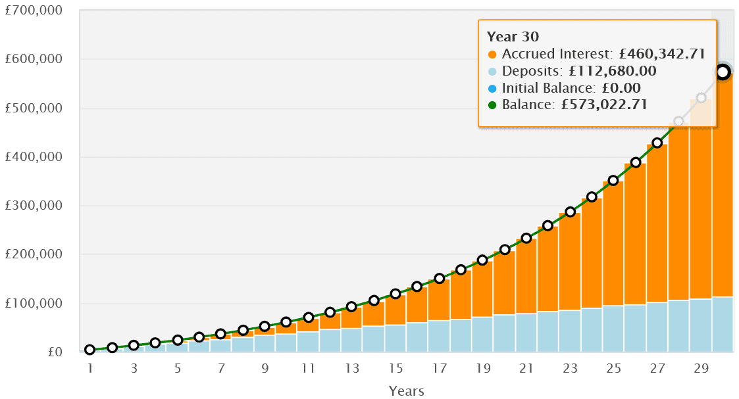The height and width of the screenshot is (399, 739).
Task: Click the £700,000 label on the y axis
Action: (x=35, y=11)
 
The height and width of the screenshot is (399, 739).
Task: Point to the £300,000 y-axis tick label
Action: (x=35, y=206)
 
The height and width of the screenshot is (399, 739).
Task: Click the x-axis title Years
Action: (x=406, y=390)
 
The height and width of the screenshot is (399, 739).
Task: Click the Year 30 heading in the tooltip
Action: (x=513, y=37)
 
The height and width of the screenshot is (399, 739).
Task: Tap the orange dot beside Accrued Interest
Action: (x=492, y=55)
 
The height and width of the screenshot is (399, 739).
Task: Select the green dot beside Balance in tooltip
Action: (x=492, y=105)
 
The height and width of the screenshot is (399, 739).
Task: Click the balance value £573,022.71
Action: (x=603, y=105)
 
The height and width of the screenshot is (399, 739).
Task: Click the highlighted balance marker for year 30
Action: (x=723, y=72)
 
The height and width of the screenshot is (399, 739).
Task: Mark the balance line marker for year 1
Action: (x=90, y=350)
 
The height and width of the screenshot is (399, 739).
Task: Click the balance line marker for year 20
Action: (x=505, y=250)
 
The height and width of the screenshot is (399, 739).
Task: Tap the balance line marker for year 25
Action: (x=613, y=180)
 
